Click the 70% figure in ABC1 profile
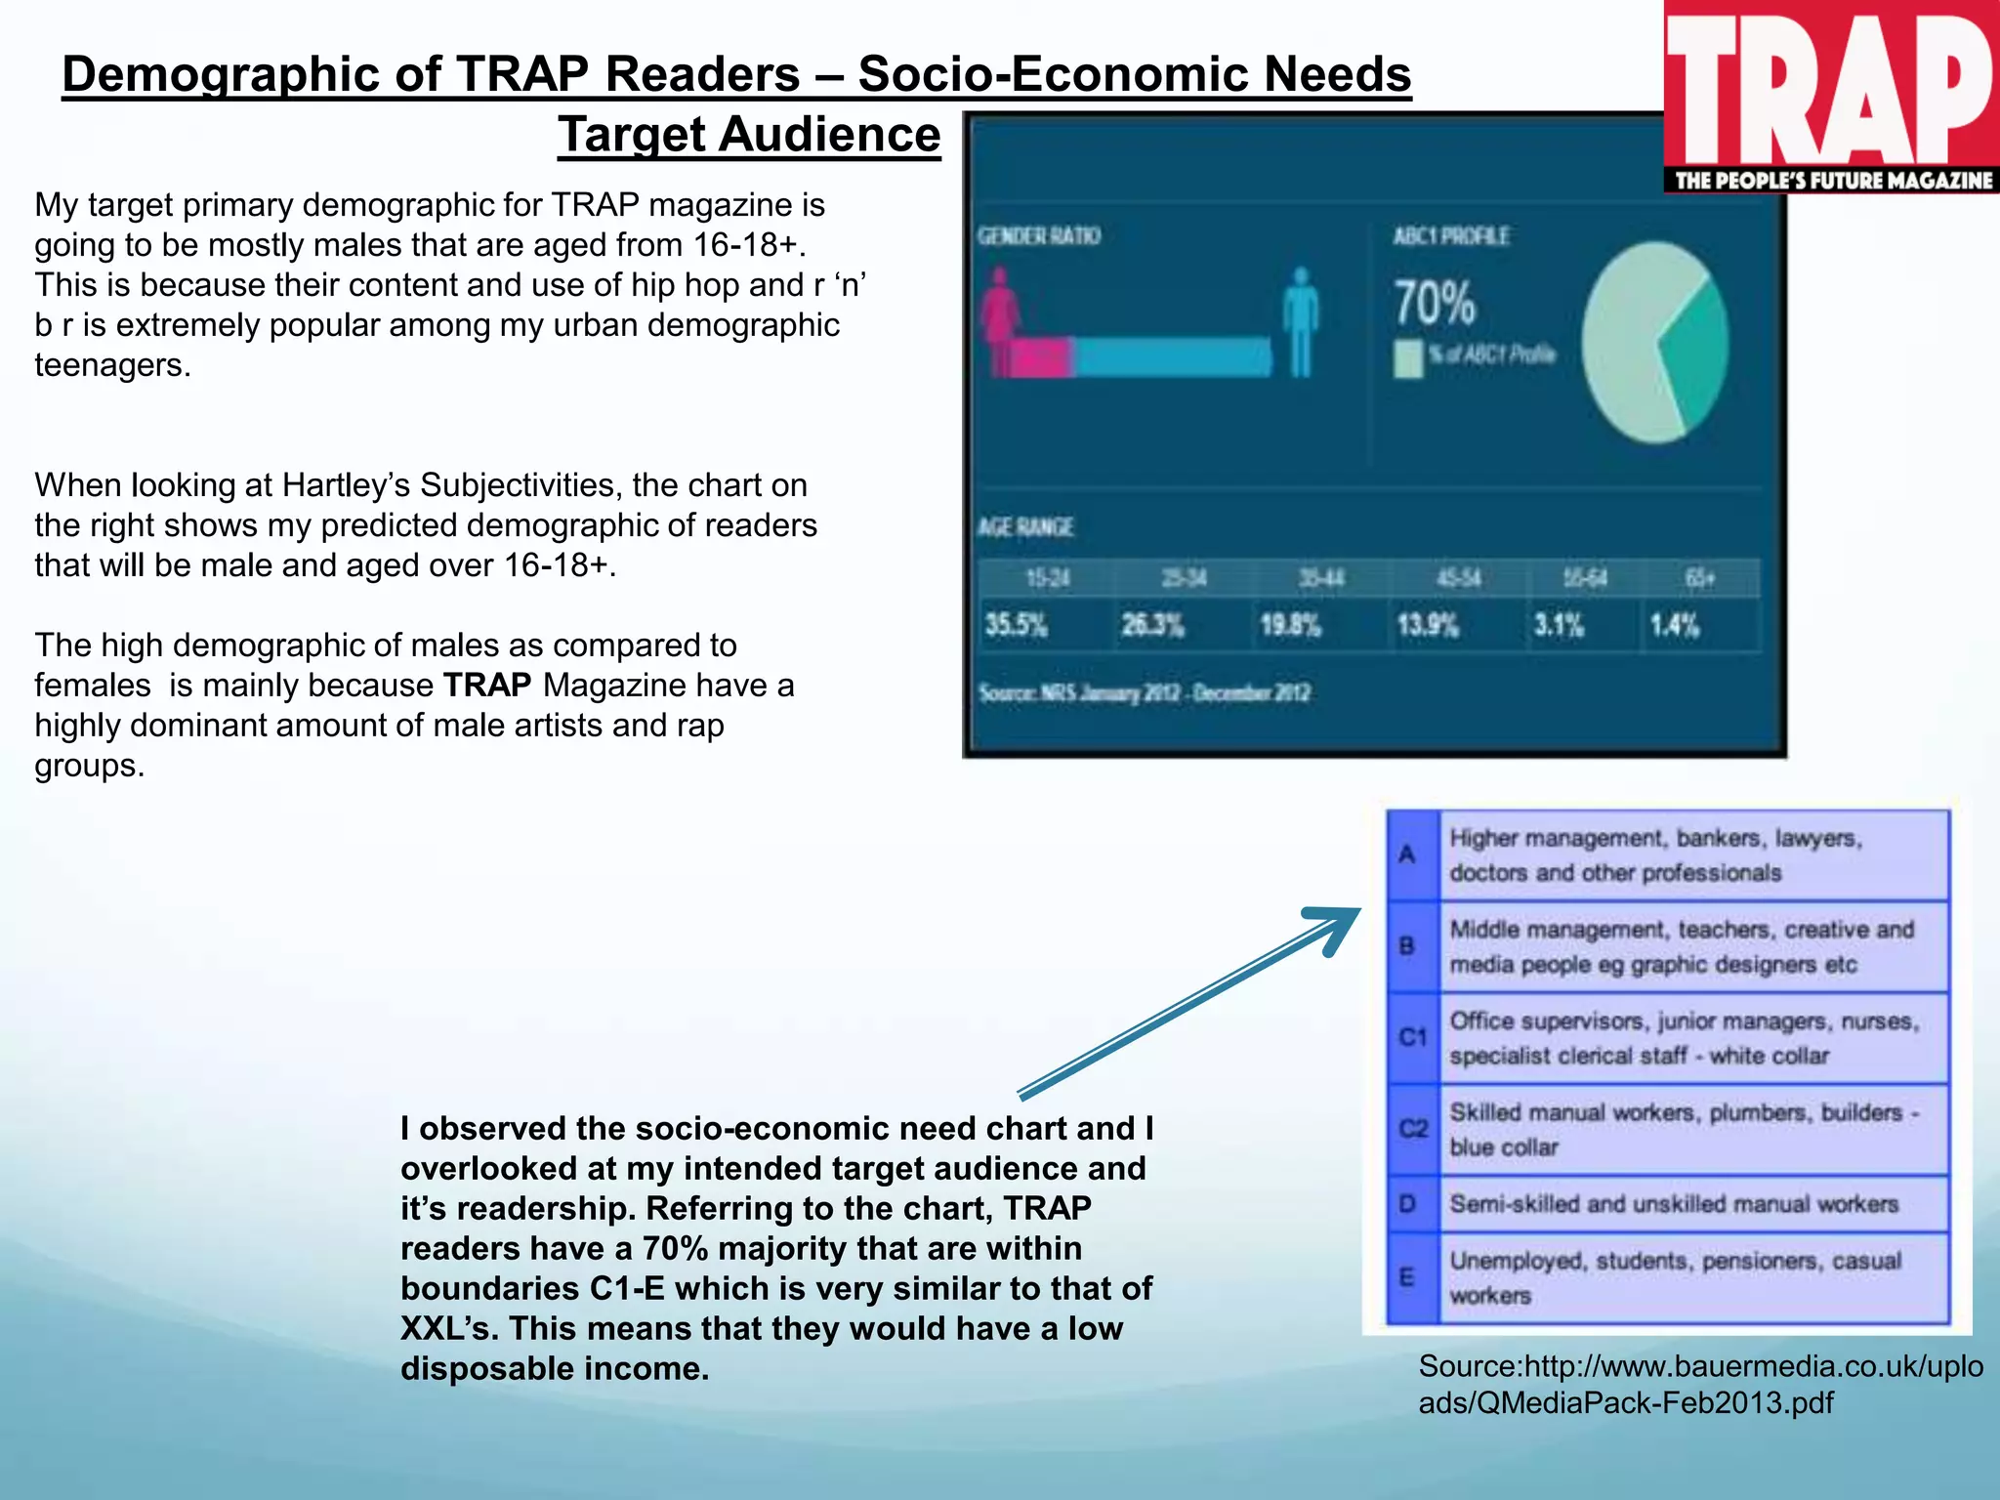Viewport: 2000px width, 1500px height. coord(1433,303)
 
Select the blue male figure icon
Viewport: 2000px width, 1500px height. coord(1300,322)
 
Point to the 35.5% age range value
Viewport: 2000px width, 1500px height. coord(1016,625)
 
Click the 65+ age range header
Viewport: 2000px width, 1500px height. coord(1699,578)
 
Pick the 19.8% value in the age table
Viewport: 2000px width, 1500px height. coord(1290,625)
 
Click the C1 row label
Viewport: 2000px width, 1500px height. coord(1412,1037)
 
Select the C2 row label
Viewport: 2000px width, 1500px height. coord(1412,1129)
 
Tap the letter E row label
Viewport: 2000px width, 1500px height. coord(1407,1277)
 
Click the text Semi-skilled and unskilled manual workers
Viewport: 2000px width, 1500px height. coord(1674,1204)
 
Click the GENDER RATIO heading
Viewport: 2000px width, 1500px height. coord(1039,236)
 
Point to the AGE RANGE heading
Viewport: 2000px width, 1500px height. coord(1025,527)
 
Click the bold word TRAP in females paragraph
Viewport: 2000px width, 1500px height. coord(486,686)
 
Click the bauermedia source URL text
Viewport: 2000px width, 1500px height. coord(1699,1384)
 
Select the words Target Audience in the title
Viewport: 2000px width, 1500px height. coord(749,135)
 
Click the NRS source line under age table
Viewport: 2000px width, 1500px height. coord(1145,693)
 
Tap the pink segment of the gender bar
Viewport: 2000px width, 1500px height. coord(1041,357)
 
